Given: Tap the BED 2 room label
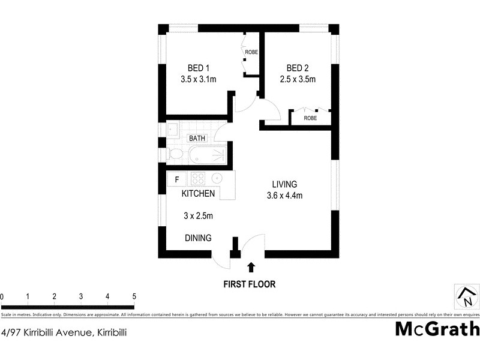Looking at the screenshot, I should (298, 68).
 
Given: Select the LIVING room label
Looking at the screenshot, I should (284, 184).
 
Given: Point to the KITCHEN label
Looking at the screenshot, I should (199, 194).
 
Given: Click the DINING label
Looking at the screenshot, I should (198, 238).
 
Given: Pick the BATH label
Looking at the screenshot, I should (197, 138).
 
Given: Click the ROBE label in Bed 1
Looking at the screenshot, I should (251, 52).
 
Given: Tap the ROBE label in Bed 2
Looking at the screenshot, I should (310, 118).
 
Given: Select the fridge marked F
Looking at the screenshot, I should (177, 179).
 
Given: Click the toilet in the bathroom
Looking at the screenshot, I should (176, 154).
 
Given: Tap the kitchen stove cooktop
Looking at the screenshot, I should (198, 178).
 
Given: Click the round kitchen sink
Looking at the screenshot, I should (217, 178).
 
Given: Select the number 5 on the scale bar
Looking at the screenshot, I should (134, 296).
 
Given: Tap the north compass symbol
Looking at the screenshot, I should (467, 296).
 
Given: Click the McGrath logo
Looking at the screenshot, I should (437, 329).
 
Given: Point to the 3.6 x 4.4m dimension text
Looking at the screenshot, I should (284, 195).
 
